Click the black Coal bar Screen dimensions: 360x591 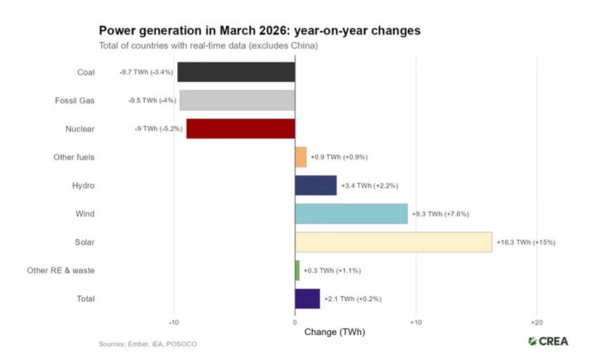pyautogui.click(x=236, y=72)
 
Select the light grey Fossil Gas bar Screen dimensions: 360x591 pyautogui.click(x=237, y=100)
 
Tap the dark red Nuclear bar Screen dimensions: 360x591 pyautogui.click(x=241, y=129)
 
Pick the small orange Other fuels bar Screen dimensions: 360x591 pyautogui.click(x=300, y=157)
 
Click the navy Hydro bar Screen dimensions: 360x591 pyautogui.click(x=316, y=185)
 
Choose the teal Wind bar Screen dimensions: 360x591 pyautogui.click(x=351, y=214)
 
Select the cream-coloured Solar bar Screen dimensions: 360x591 pyautogui.click(x=393, y=242)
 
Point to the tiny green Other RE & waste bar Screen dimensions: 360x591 pyautogui.click(x=297, y=270)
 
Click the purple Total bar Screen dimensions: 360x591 pyautogui.click(x=307, y=298)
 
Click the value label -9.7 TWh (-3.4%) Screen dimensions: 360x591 pyautogui.click(x=147, y=73)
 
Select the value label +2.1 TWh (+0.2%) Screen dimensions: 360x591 pyautogui.click(x=353, y=299)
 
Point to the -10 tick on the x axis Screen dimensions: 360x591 pyautogui.click(x=174, y=322)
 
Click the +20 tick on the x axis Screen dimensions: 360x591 pyautogui.click(x=536, y=322)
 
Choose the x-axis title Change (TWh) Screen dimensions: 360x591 pyautogui.click(x=335, y=332)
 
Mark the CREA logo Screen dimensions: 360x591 pyautogui.click(x=548, y=341)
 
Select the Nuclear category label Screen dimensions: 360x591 pyautogui.click(x=80, y=129)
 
